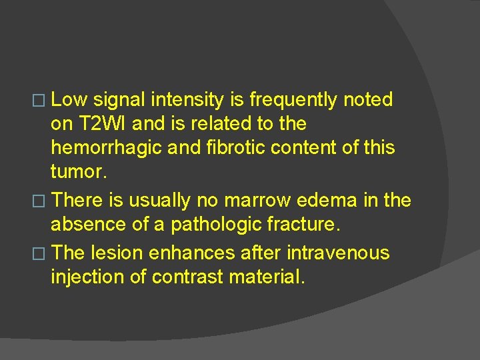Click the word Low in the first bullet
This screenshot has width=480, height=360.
coord(69,100)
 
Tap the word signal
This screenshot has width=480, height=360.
coord(119,100)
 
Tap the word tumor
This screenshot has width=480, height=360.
coord(77,172)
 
